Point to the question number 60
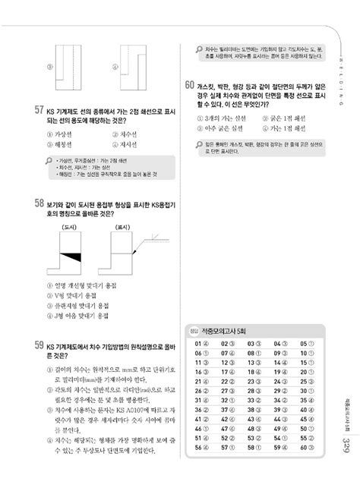click(x=190, y=85)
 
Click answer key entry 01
click(x=201, y=342)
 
